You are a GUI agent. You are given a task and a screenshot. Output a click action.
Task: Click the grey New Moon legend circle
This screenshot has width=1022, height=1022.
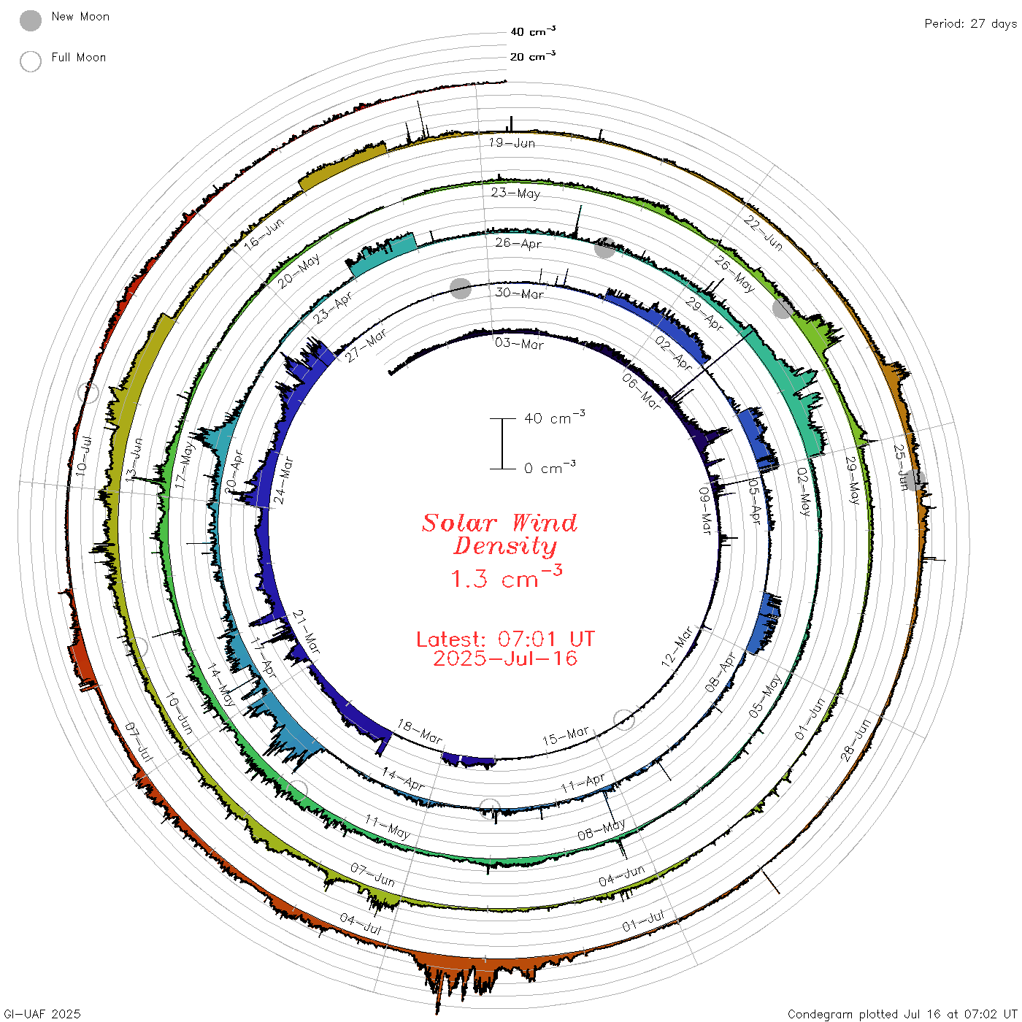pyautogui.click(x=30, y=20)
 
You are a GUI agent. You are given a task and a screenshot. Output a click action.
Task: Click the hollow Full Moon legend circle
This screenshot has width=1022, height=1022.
pyautogui.click(x=30, y=61)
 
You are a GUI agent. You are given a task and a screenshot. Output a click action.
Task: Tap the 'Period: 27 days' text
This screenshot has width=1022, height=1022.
pyautogui.click(x=971, y=24)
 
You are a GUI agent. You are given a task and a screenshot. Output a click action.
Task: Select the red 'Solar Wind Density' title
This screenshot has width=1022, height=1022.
pyautogui.click(x=499, y=534)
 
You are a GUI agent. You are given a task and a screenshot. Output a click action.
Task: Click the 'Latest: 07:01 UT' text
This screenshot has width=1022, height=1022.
pyautogui.click(x=505, y=639)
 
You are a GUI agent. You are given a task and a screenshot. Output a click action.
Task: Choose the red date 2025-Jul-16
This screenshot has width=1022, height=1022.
pyautogui.click(x=505, y=658)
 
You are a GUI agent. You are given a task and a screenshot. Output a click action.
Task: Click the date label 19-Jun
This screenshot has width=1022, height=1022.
pyautogui.click(x=512, y=142)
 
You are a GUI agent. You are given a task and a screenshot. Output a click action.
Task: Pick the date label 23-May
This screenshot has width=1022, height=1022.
pyautogui.click(x=515, y=193)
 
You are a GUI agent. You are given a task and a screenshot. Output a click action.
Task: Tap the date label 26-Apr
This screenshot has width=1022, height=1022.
pyautogui.click(x=518, y=243)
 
